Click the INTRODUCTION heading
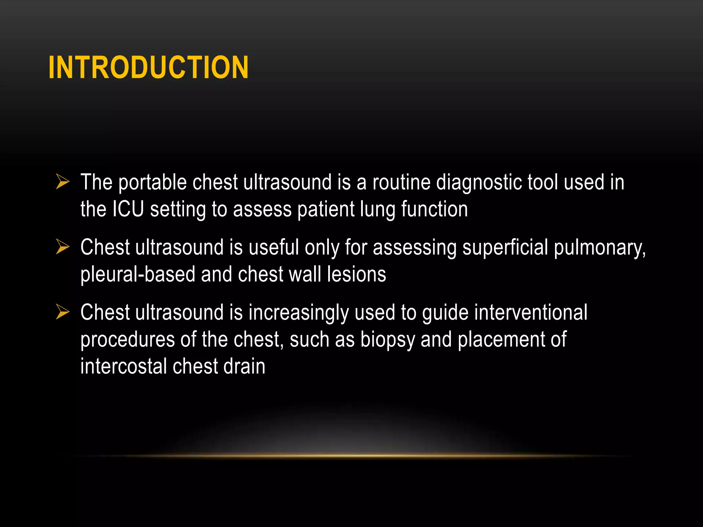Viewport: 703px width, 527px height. point(148,67)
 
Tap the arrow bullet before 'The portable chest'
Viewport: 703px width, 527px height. point(63,181)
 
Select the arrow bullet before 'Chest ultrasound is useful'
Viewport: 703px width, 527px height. point(63,247)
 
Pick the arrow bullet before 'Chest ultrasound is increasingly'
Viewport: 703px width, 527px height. point(63,312)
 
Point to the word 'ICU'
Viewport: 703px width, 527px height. point(128,209)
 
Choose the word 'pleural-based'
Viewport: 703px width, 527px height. point(138,274)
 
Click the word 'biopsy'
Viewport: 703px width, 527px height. point(388,340)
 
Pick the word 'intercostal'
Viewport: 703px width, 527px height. point(124,366)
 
